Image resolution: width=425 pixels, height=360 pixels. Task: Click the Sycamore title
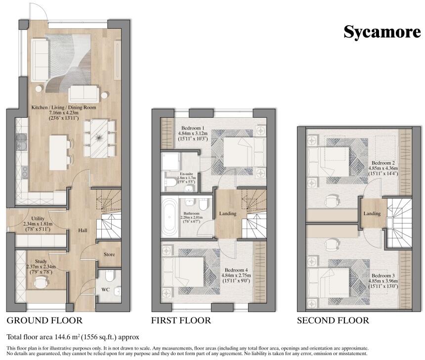382,32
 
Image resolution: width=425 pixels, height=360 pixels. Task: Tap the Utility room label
38,219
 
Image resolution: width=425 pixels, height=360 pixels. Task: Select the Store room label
109,255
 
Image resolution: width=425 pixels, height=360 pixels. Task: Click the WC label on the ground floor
105,290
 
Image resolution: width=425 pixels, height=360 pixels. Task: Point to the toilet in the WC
110,275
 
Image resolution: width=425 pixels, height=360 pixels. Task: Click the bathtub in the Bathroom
170,217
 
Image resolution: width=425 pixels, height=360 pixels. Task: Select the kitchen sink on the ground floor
21,142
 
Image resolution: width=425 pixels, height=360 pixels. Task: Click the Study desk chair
41,282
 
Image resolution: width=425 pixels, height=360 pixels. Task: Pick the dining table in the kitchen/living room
99,138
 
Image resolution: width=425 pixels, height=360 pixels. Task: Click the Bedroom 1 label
193,128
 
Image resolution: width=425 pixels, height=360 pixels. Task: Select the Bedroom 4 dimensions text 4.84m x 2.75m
236,275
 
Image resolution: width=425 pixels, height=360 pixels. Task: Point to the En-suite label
186,174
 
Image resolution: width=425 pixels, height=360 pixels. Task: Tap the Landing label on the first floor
228,214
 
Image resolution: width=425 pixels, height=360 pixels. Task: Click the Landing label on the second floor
372,214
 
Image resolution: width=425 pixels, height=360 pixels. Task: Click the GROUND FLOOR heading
44,320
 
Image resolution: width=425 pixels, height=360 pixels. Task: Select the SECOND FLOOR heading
333,320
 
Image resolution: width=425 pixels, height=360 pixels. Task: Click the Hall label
83,230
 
